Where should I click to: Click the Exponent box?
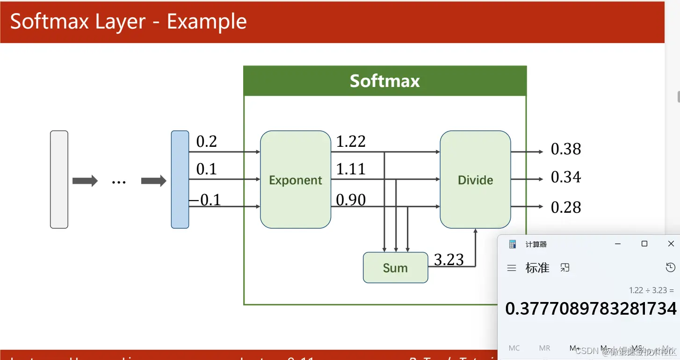click(296, 180)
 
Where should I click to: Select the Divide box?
click(475, 180)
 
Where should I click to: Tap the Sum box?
click(395, 267)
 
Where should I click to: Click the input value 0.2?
click(206, 142)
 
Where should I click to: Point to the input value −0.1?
click(205, 200)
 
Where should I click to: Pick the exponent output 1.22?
click(351, 141)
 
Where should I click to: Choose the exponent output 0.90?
click(351, 200)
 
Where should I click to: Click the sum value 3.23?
click(449, 259)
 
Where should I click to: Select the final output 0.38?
click(566, 149)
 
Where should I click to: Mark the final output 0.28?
click(566, 207)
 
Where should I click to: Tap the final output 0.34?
click(566, 177)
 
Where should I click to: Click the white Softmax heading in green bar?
click(385, 81)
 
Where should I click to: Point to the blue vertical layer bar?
click(180, 180)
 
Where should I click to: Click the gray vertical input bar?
click(59, 180)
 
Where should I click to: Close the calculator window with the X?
click(671, 244)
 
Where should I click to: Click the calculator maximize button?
click(644, 244)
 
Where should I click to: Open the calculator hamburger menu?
click(512, 268)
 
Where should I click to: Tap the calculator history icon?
click(670, 267)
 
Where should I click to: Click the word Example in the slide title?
click(207, 22)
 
